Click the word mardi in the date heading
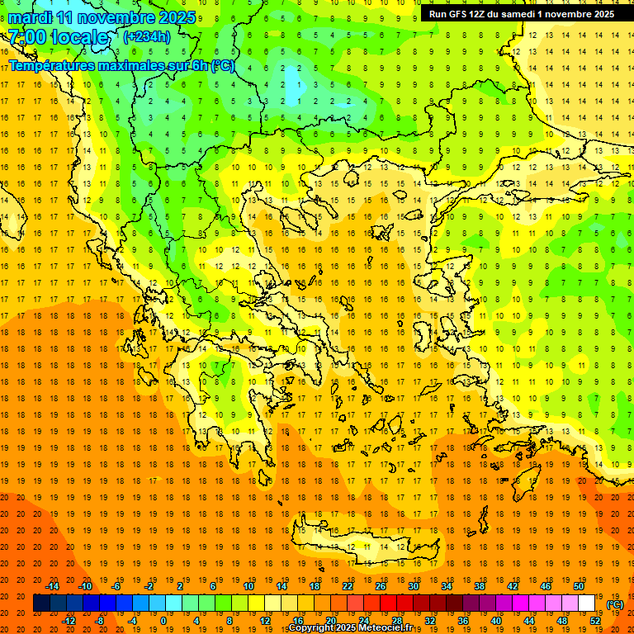pyautogui.click(x=28, y=17)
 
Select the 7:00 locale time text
pyautogui.click(x=58, y=37)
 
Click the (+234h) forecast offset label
pyautogui.click(x=147, y=36)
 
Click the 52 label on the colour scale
pyautogui.click(x=595, y=621)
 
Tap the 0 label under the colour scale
pyautogui.click(x=163, y=621)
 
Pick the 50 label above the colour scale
pyautogui.click(x=578, y=586)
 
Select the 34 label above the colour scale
pyautogui.click(x=446, y=586)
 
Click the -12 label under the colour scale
pyautogui.click(x=69, y=621)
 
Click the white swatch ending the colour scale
pyautogui.click(x=586, y=603)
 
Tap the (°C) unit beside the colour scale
pyautogui.click(x=615, y=604)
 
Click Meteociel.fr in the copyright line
pyautogui.click(x=388, y=628)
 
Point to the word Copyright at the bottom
pyautogui.click(x=310, y=628)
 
